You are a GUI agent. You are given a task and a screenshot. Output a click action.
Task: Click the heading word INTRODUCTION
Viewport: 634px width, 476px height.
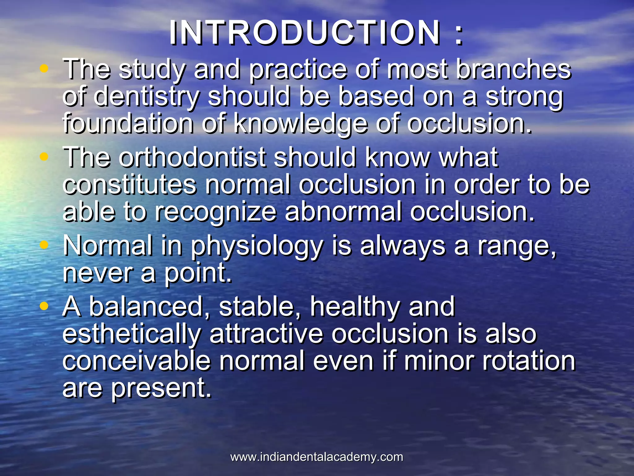coord(305,33)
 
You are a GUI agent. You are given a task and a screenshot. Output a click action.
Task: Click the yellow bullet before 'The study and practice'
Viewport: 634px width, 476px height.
coord(44,68)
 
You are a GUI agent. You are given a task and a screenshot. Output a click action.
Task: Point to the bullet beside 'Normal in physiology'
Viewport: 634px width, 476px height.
coord(44,245)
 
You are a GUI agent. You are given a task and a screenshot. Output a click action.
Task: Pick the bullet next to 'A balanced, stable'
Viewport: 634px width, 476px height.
coord(44,306)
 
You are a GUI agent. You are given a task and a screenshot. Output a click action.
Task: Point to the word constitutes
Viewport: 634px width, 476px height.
coord(129,185)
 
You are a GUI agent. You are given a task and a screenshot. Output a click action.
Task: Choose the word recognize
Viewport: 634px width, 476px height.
coord(215,212)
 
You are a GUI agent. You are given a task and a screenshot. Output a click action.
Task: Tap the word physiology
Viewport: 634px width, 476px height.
coord(257,247)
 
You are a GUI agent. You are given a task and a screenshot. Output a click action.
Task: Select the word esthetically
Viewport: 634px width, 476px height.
coord(132,335)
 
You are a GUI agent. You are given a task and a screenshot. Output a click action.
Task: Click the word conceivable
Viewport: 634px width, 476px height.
coord(136,361)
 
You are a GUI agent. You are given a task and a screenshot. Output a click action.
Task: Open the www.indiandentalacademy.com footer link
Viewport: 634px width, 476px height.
coord(317,457)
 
